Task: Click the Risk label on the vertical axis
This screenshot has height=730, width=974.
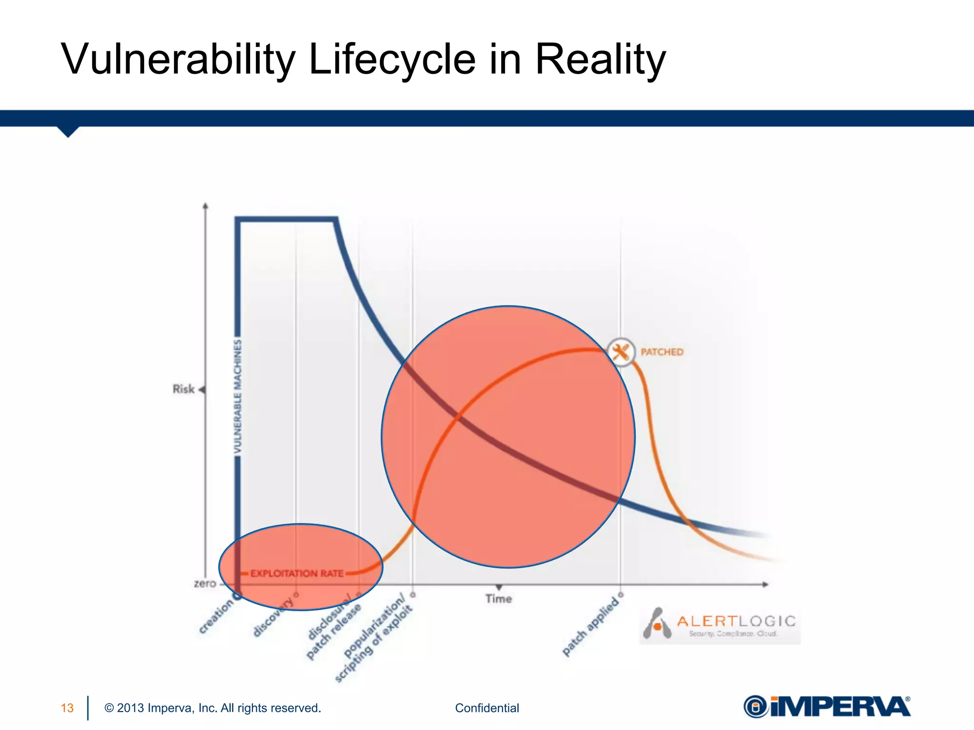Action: click(x=184, y=389)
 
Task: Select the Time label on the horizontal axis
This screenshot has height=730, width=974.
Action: click(x=498, y=599)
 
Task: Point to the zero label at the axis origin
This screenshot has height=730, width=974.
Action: click(x=205, y=584)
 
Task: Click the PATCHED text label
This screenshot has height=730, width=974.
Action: click(x=662, y=352)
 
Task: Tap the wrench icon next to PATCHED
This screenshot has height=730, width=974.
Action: click(x=621, y=352)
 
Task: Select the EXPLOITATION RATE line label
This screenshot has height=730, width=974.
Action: click(x=297, y=574)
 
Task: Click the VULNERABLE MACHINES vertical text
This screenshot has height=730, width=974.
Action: click(x=238, y=396)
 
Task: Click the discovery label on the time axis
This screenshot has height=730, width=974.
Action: click(x=273, y=616)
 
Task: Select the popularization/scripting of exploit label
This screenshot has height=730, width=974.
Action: click(x=374, y=637)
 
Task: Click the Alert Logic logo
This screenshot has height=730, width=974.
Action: click(x=720, y=624)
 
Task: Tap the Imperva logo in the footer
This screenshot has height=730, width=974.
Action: click(x=827, y=707)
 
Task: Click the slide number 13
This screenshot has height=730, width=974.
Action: click(x=67, y=708)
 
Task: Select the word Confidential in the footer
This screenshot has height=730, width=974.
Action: click(x=487, y=708)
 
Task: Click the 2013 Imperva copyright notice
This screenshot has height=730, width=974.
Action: click(x=213, y=708)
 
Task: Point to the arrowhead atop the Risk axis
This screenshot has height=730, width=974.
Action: click(x=205, y=206)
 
